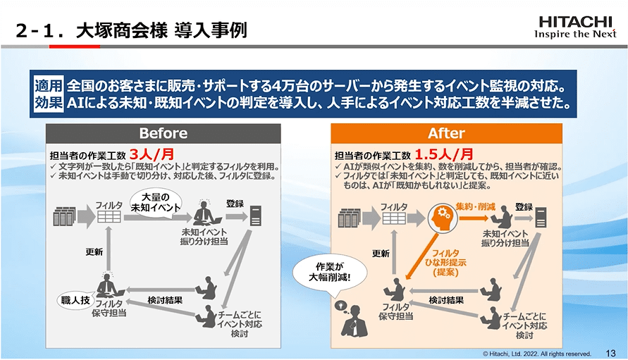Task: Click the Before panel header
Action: click(x=163, y=133)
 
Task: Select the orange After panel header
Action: click(x=446, y=133)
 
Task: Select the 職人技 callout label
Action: click(x=74, y=301)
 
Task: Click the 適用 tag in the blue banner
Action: click(x=48, y=86)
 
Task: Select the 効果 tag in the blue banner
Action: click(x=48, y=103)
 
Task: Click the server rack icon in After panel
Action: click(x=350, y=218)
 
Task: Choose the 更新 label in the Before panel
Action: click(x=94, y=252)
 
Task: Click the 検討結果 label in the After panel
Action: click(x=446, y=299)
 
